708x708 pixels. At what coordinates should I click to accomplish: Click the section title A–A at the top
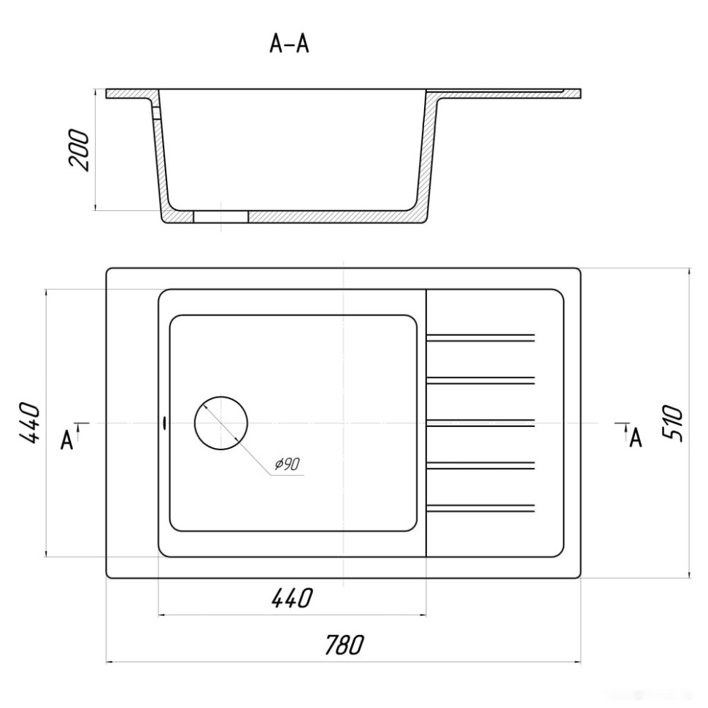coord(289,45)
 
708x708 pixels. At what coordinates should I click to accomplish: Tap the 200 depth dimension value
coord(79,150)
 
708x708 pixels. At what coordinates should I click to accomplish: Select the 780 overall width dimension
coord(344,644)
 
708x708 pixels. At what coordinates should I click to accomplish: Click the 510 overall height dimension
coord(672,423)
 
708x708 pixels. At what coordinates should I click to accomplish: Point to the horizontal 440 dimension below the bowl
coord(292,598)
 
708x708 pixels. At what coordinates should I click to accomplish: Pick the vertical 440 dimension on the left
coord(29,423)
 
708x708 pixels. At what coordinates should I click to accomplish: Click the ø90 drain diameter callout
coord(287,463)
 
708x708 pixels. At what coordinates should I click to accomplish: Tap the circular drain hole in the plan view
coord(221,423)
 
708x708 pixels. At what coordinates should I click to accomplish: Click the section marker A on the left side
coord(67,440)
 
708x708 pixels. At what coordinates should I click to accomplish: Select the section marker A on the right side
coord(636,437)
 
